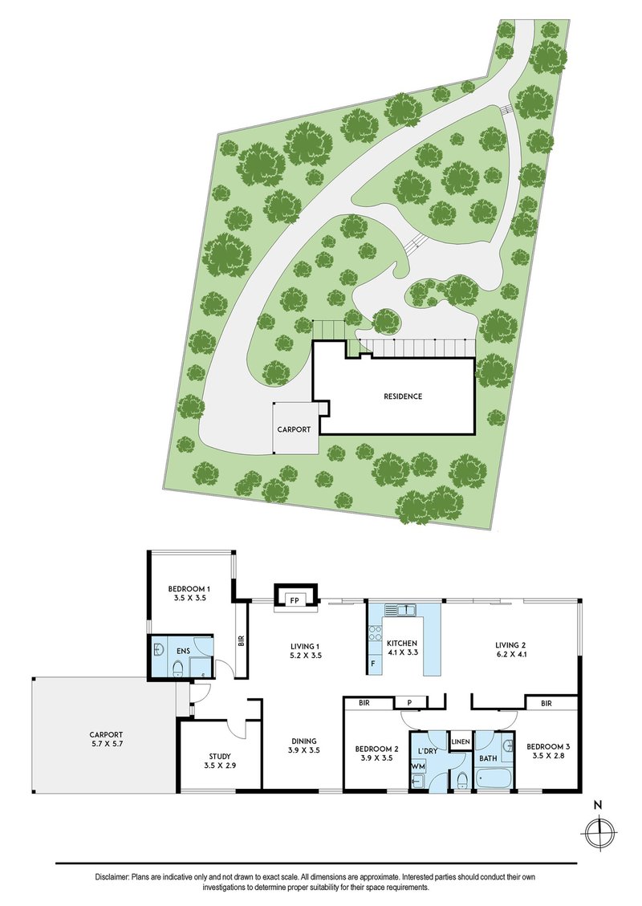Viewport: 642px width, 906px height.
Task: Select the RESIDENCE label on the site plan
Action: [402, 396]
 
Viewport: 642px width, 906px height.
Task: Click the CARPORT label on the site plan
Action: [294, 429]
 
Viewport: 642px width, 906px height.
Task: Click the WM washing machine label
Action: [417, 766]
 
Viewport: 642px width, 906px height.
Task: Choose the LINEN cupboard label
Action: [461, 741]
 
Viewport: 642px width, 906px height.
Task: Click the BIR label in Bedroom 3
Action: [547, 704]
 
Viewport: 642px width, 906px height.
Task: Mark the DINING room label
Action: [303, 741]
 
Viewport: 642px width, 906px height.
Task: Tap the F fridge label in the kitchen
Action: [373, 664]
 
